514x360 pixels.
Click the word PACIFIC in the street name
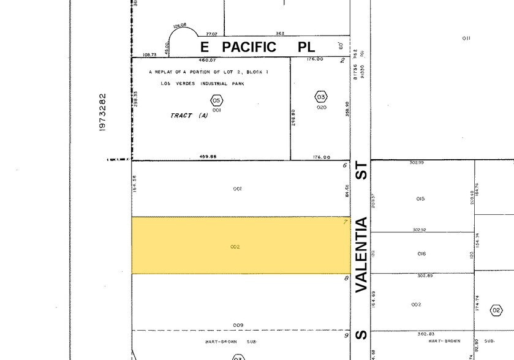click(249, 47)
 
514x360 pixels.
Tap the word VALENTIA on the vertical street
click(361, 254)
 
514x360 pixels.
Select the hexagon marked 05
click(216, 100)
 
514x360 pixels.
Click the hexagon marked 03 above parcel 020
click(320, 97)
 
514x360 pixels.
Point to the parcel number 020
click(322, 107)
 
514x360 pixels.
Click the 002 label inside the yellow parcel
click(235, 247)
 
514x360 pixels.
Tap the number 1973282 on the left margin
click(103, 111)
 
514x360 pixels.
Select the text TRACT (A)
click(189, 116)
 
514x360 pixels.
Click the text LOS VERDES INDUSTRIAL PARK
click(202, 84)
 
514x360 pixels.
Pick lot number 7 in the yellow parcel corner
click(346, 221)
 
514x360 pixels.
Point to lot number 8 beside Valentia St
click(346, 278)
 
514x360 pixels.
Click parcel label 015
click(420, 199)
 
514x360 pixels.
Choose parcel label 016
click(421, 253)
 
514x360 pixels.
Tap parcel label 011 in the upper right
click(466, 39)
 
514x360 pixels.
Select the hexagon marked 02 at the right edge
click(496, 311)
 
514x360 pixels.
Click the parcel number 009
click(238, 324)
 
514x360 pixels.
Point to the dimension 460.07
click(207, 60)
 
